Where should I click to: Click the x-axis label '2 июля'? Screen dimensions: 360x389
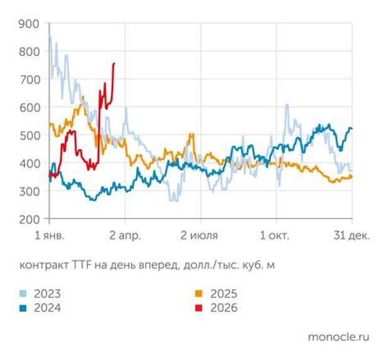(200, 236)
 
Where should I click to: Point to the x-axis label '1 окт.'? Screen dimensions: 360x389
(275, 236)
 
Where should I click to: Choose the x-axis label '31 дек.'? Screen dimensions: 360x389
(351, 236)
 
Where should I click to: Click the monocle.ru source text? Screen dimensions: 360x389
(338, 337)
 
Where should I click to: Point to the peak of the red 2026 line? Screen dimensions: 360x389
(114, 63)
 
